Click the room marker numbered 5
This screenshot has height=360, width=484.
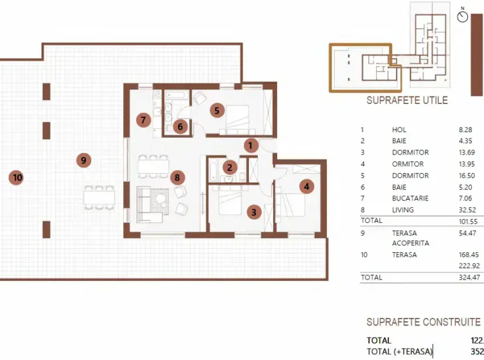pos(217,110)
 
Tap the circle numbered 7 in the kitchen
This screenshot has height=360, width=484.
pos(144,120)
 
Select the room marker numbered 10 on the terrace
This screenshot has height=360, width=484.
pos(17,177)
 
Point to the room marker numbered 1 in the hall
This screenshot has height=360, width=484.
pos(251,146)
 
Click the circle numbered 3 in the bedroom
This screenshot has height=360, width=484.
pos(254,212)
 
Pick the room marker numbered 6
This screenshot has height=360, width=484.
pos(180,126)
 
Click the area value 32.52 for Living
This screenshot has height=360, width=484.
pos(467,210)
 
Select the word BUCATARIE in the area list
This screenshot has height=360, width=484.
pos(410,199)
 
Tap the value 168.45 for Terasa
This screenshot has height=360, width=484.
pos(469,255)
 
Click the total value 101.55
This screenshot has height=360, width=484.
pos(468,221)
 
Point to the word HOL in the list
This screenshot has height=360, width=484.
pos(399,130)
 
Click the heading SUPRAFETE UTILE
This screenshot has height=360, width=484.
pos(407,100)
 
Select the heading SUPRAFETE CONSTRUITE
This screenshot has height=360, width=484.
pos(423,322)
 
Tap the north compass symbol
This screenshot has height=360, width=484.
pos(462,15)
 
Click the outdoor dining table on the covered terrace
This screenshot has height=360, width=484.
pos(99,197)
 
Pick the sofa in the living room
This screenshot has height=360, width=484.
pos(149,204)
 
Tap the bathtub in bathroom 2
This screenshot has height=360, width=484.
pos(213,170)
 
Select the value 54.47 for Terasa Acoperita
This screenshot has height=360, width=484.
pos(467,233)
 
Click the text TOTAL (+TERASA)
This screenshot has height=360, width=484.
pos(400,352)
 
